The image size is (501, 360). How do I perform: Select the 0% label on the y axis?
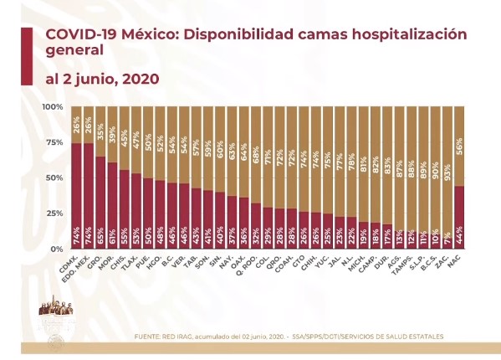point(57,249)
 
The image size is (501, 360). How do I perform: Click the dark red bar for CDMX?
point(75,193)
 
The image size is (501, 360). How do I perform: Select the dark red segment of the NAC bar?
point(458,213)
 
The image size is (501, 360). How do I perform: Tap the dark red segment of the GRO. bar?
point(100,201)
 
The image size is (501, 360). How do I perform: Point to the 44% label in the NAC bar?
point(458,239)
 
